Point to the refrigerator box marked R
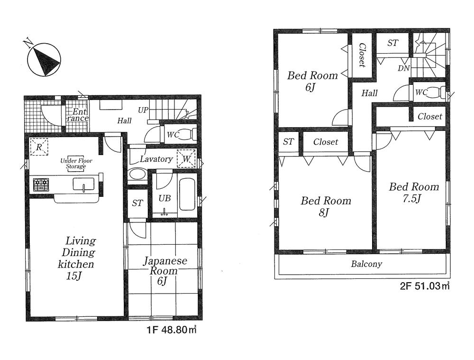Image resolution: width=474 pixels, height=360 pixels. point(39,147)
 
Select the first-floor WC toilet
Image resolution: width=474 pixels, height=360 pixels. point(188,134)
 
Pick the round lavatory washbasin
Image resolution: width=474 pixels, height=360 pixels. point(137,174)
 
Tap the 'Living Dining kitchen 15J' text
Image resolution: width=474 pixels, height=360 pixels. point(76,258)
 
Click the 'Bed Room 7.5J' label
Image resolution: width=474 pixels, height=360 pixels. point(413,192)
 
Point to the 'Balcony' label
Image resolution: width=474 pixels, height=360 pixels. point(366,264)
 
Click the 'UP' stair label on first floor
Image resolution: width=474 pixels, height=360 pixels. point(143,109)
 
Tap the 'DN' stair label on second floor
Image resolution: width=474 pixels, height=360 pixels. point(403,68)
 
